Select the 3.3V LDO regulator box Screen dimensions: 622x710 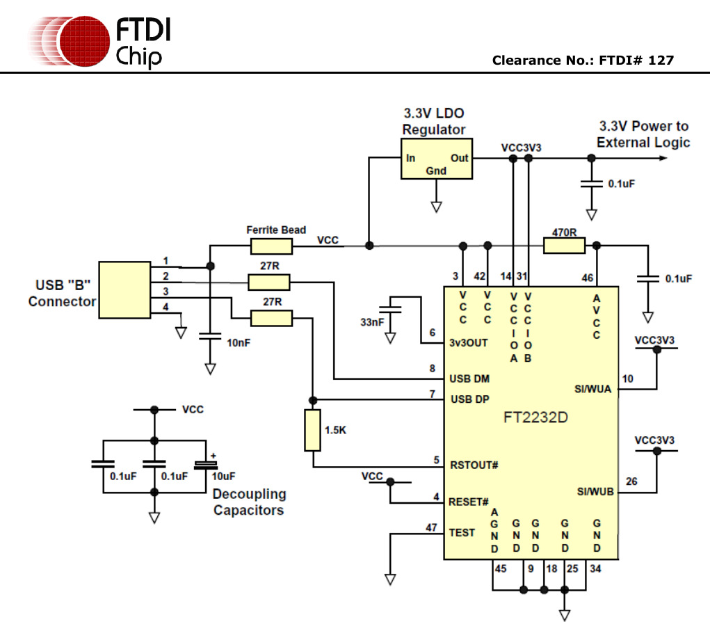(436, 159)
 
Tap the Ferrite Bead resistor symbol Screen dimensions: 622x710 (271, 246)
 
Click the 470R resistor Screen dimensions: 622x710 (564, 245)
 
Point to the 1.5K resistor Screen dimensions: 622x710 (313, 430)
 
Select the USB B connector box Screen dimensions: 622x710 (124, 290)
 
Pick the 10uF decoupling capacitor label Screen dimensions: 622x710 (224, 477)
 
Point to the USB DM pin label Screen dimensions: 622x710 (469, 378)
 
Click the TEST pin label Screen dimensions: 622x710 (462, 533)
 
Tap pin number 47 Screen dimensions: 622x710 (431, 527)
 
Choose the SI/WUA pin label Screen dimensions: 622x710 (594, 389)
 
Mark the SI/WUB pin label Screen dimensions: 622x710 (595, 491)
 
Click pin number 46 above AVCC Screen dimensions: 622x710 (588, 278)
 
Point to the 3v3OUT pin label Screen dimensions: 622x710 (469, 342)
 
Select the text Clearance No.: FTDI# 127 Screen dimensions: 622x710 (583, 61)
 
